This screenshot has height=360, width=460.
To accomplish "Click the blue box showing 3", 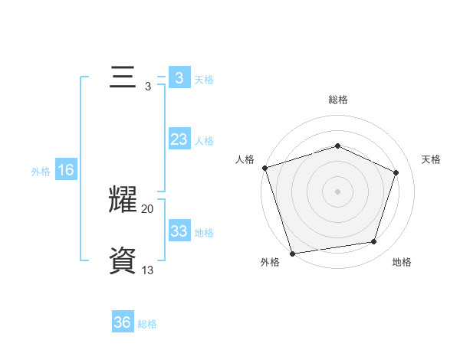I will point(179,78).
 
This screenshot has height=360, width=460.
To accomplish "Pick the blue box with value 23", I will point(179,139).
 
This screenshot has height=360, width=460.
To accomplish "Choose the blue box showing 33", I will point(179,231).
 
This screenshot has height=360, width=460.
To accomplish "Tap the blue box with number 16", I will point(65,170).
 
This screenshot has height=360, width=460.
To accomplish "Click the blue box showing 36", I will point(123,322).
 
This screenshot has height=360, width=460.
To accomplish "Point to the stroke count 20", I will point(147,208).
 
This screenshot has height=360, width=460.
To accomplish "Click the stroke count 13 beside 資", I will point(147,270).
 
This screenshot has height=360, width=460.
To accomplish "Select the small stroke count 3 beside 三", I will point(147,87).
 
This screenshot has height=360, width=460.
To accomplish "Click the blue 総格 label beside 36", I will point(147,324).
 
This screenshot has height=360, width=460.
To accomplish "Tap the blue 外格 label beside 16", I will point(41,172).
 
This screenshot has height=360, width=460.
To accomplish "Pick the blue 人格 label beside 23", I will point(204,141).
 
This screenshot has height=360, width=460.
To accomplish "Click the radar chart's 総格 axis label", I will point(338,100).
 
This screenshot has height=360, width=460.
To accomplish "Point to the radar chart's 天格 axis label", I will point(431,159).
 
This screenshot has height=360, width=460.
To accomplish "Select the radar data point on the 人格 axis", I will point(264,168).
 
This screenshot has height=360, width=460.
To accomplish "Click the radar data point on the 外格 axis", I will point(292,253).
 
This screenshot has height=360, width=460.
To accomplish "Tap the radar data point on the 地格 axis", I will point(373,241).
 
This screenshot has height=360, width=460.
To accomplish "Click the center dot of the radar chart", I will point(338,191).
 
